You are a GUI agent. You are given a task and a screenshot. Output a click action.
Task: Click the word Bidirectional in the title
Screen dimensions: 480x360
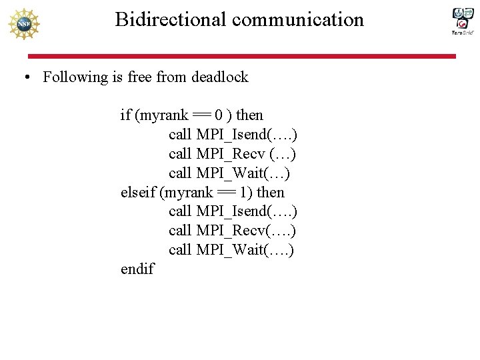[171, 19]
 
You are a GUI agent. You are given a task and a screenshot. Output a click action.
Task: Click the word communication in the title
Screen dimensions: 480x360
[298, 19]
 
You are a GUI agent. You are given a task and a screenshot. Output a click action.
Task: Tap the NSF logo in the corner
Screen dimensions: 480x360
[23, 24]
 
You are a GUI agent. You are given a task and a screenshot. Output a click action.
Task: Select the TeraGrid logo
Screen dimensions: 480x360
[463, 21]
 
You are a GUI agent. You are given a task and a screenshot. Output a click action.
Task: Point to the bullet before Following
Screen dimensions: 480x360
[25, 77]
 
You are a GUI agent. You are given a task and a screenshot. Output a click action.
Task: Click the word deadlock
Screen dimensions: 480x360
[219, 77]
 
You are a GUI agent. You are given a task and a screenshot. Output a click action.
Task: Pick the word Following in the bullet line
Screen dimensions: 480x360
[75, 77]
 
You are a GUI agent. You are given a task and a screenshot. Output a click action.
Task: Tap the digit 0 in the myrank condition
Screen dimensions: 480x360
[219, 115]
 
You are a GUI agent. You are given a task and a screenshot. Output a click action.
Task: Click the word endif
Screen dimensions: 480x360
[137, 269]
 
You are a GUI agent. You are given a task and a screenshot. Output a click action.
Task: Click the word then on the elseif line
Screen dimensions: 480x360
[270, 193]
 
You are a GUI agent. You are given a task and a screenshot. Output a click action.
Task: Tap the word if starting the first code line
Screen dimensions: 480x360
[125, 115]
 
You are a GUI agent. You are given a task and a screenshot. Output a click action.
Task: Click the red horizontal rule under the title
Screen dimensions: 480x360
[240, 57]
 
